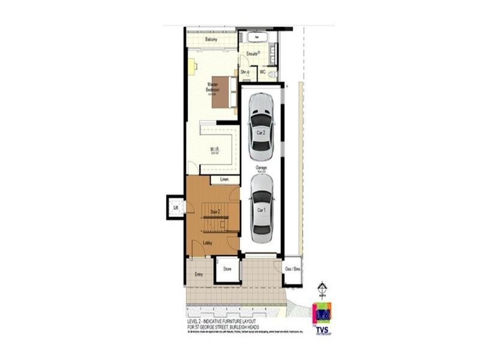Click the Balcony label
211,40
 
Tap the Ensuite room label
252,54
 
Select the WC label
263,72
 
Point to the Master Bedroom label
212,87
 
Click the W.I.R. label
214,149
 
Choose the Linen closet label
225,179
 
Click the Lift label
176,208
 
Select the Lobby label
208,242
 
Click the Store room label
227,269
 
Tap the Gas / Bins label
292,269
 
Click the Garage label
262,167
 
